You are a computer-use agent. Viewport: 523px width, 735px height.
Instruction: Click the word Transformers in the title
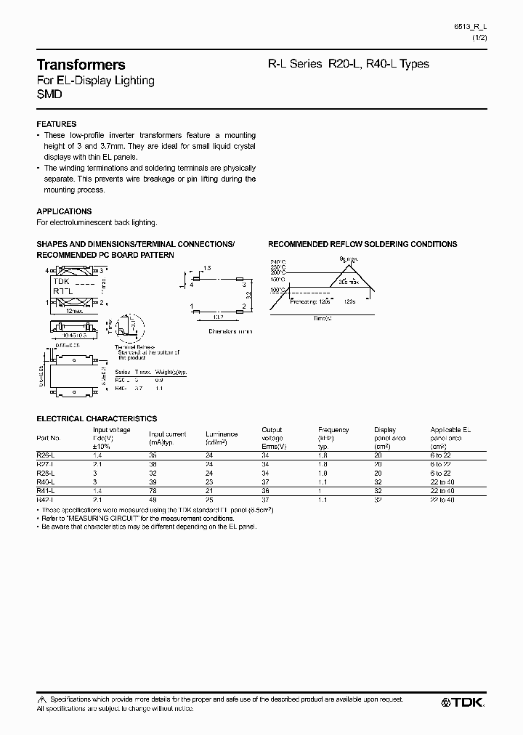click(81, 65)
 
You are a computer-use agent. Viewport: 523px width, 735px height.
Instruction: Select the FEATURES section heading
click(56, 124)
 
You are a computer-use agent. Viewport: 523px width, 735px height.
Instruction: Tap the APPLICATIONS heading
click(64, 211)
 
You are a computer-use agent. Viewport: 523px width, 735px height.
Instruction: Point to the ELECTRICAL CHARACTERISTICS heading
click(97, 419)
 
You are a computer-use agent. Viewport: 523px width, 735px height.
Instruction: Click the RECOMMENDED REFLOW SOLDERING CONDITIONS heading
click(362, 245)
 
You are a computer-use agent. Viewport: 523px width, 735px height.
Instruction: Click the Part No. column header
click(49, 439)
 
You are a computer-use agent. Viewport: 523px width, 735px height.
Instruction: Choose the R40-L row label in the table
click(45, 473)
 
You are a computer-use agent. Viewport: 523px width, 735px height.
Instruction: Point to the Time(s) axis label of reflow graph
click(324, 318)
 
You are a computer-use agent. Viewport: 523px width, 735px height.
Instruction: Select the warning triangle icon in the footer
click(41, 699)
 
